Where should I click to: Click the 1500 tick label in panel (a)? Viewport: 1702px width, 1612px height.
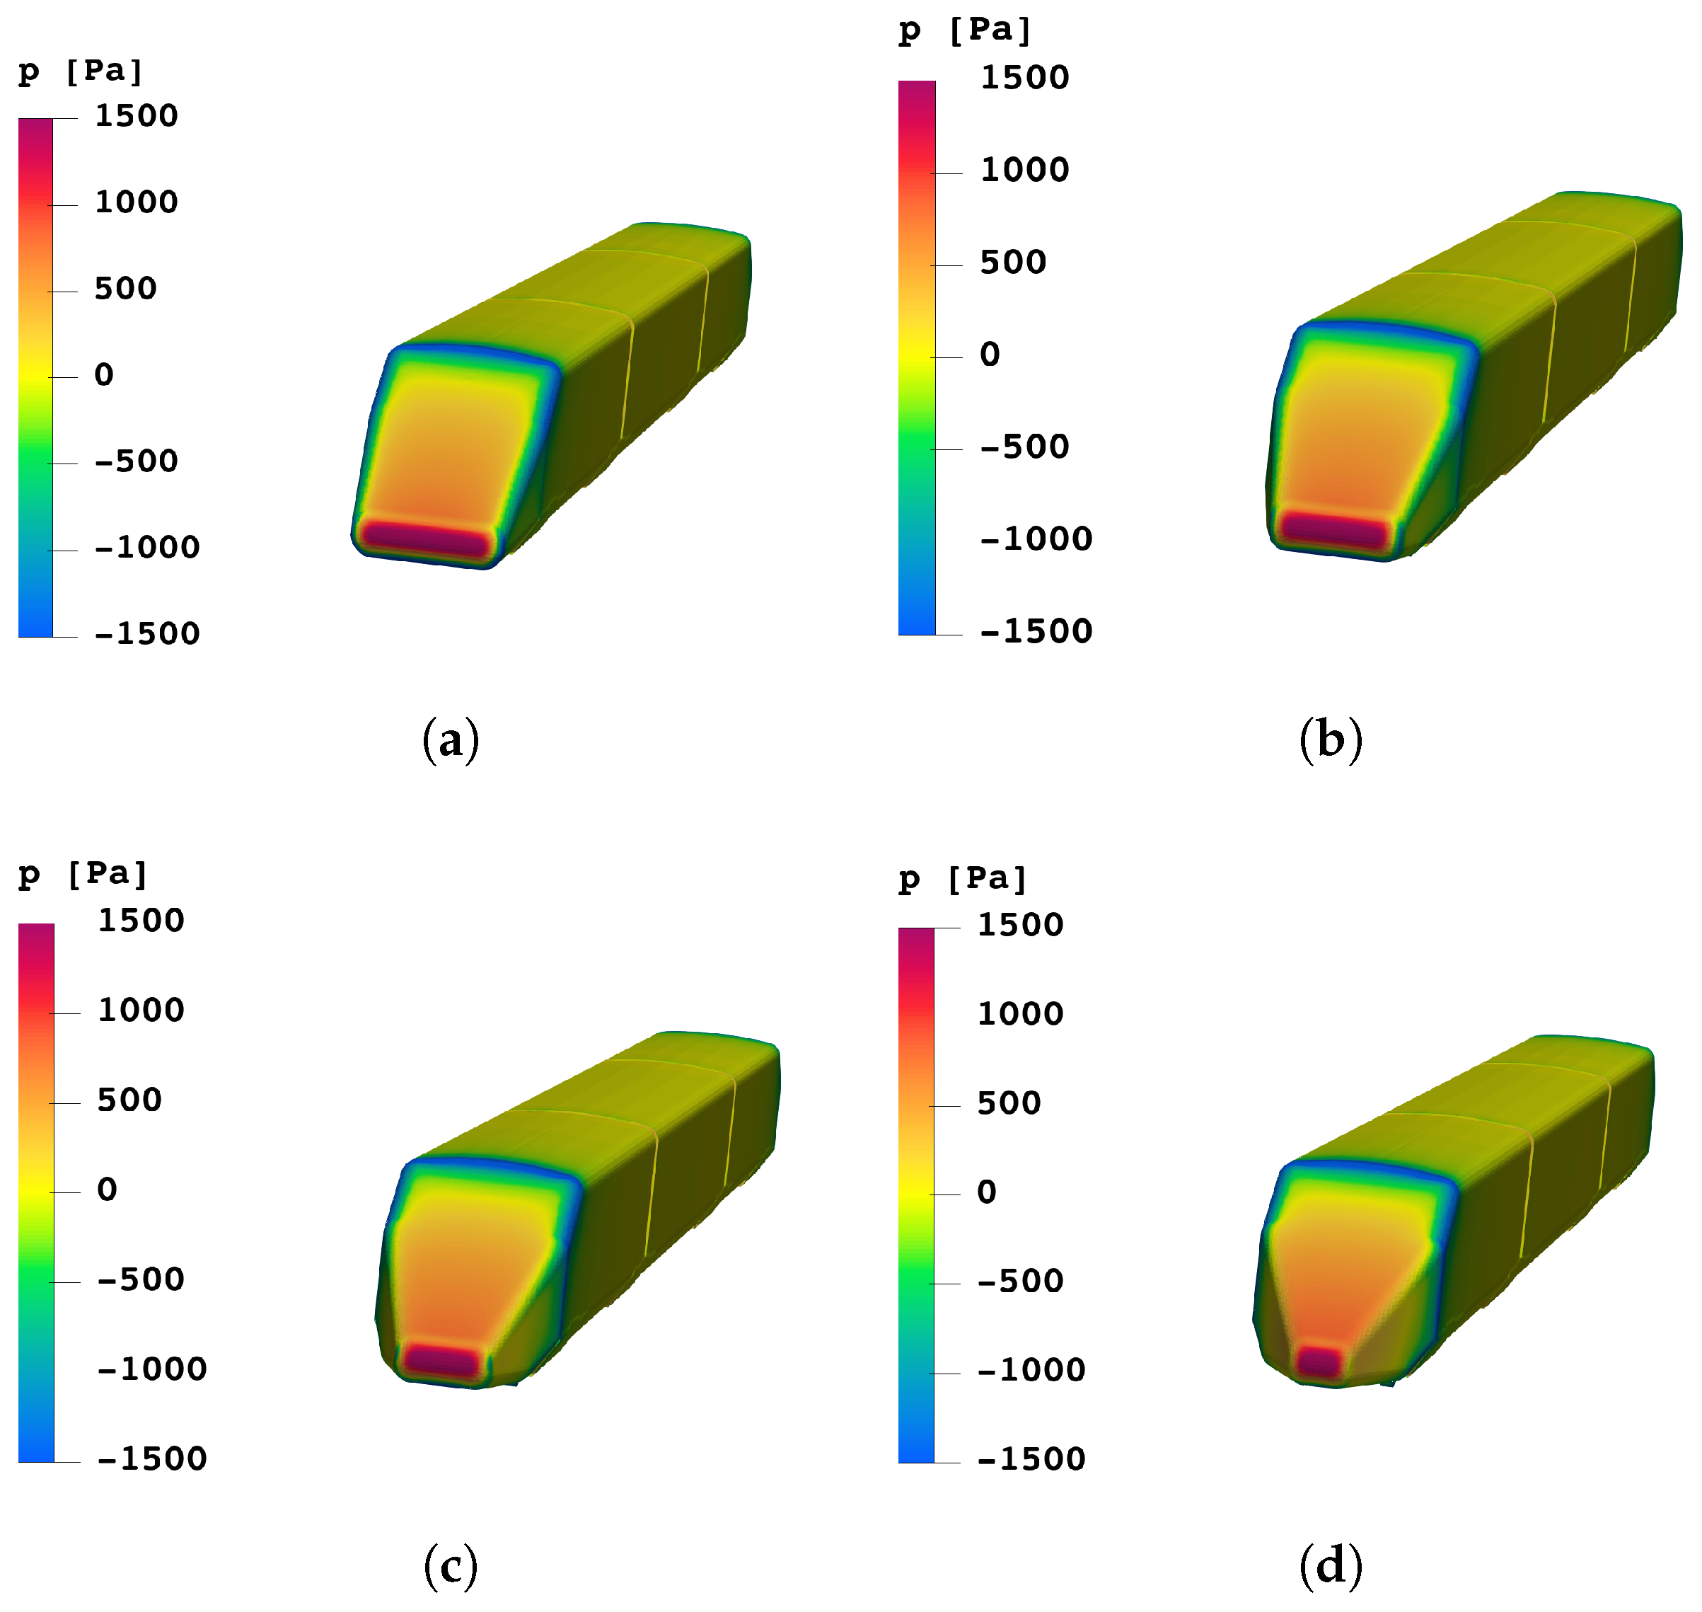pos(136,116)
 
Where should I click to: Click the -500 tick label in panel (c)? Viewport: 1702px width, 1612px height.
pos(140,1279)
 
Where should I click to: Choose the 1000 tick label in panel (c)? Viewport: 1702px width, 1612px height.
pos(140,1010)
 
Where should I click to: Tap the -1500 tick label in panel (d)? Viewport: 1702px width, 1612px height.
pos(1030,1459)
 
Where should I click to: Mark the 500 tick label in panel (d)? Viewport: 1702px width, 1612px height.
pos(1008,1103)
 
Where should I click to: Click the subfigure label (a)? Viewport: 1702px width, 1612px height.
pos(450,740)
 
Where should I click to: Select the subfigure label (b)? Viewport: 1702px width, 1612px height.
pos(1330,740)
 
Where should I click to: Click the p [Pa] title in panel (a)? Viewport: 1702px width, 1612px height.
pos(80,71)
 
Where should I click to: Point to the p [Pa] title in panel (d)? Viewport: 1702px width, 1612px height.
pos(962,879)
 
